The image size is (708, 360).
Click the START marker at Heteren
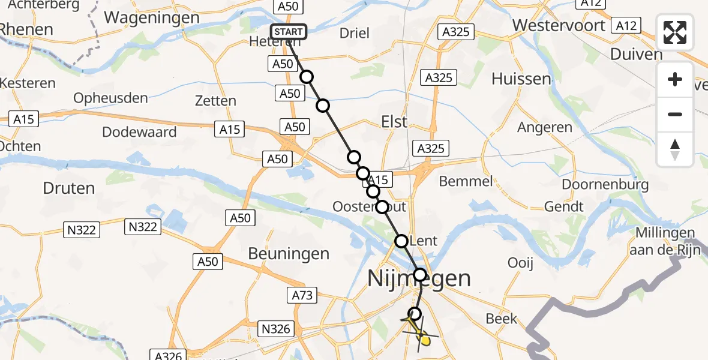click(x=289, y=32)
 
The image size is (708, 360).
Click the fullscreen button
click(x=675, y=32)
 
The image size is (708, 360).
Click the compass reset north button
click(x=675, y=149)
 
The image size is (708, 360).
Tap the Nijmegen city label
click(x=419, y=278)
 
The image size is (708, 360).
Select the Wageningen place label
click(x=152, y=17)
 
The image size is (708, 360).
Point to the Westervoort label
click(x=559, y=26)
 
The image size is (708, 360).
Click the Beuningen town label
click(x=289, y=254)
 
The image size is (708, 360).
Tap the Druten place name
click(x=69, y=188)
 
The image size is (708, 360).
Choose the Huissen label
click(x=521, y=79)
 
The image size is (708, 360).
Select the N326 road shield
click(x=277, y=328)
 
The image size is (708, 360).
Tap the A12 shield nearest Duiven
click(x=625, y=25)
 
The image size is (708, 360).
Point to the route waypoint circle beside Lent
click(x=401, y=241)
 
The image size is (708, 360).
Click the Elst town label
click(x=394, y=121)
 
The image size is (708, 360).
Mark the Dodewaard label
click(x=139, y=132)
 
